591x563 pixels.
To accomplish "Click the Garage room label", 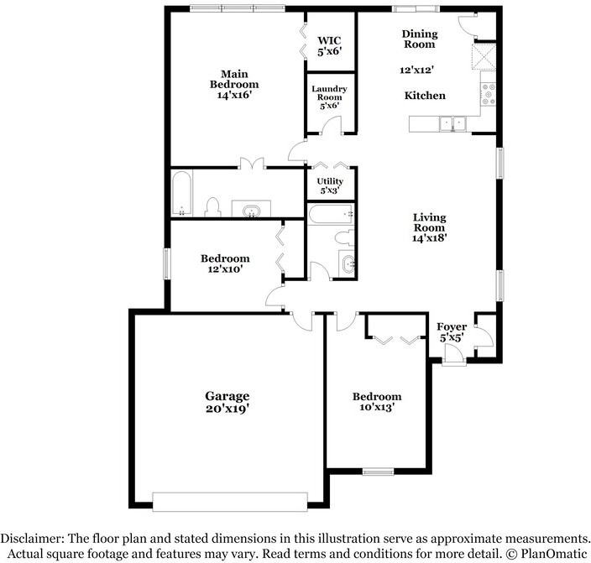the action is (x=227, y=396).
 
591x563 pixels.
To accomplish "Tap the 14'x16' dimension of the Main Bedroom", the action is (x=234, y=95).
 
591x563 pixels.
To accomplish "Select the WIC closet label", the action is (x=329, y=40).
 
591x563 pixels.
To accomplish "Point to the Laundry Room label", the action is (x=329, y=93).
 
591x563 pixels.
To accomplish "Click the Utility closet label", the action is (x=330, y=181).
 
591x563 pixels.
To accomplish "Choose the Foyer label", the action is (x=452, y=326).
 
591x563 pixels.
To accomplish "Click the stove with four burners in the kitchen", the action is (x=489, y=94).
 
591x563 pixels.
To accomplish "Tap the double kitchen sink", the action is (x=452, y=123).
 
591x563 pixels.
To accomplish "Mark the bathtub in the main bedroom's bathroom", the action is (x=182, y=194).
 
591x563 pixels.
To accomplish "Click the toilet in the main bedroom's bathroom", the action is (x=213, y=207).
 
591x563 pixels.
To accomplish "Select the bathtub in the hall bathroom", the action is (x=331, y=214).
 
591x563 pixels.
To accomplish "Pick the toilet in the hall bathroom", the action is (x=344, y=238).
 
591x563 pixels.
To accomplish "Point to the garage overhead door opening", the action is (x=230, y=502).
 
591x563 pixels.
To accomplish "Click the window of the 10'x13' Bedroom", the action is (x=378, y=472).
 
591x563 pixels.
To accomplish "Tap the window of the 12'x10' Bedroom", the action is (x=166, y=263).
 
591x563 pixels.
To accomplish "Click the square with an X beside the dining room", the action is (x=484, y=56).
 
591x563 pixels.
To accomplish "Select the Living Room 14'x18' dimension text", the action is (x=430, y=238).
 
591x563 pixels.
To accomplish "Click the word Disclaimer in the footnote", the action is (x=33, y=538).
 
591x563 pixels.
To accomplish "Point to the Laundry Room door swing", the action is (x=331, y=125).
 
